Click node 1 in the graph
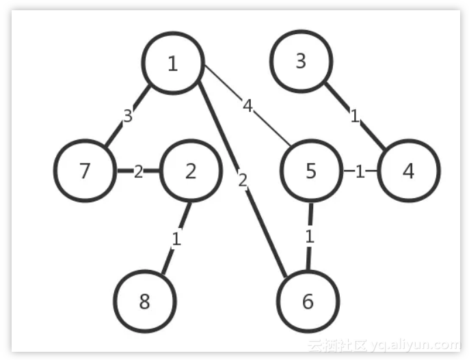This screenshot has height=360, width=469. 172,63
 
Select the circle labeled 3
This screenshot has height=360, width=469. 301,61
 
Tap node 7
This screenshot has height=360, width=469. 84,171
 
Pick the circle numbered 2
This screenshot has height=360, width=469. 191,171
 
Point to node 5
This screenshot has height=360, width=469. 311,171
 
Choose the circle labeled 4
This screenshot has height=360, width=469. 408,171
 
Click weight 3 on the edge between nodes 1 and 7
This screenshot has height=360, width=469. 128,116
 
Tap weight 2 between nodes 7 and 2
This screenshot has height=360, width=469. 138,171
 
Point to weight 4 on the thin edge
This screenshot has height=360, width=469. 247,105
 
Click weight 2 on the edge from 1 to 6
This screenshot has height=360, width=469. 242,181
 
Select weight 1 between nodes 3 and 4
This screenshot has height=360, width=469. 354,116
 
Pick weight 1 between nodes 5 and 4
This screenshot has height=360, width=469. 360,171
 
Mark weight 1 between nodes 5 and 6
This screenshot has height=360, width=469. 310,237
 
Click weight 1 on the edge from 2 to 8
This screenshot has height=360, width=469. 176,239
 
